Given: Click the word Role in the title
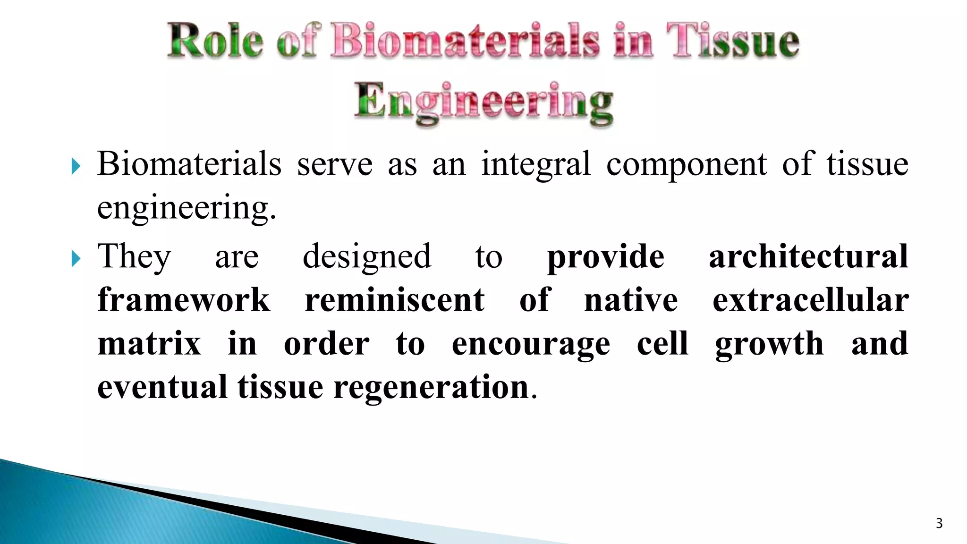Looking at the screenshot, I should [x=215, y=42].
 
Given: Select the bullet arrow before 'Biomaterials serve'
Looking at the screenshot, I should [x=76, y=166].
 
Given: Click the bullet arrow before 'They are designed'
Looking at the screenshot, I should [x=76, y=258].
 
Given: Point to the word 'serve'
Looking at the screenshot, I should [x=335, y=165].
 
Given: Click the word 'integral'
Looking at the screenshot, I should [x=535, y=165].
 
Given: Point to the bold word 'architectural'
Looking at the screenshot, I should [x=808, y=256].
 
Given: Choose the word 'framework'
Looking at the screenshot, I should [x=184, y=300].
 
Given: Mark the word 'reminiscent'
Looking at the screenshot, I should [x=395, y=300].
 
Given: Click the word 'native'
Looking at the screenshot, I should [x=631, y=300].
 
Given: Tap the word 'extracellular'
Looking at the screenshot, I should [x=810, y=300].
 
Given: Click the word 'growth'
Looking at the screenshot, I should [x=769, y=345].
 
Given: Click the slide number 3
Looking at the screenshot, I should [x=939, y=523].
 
